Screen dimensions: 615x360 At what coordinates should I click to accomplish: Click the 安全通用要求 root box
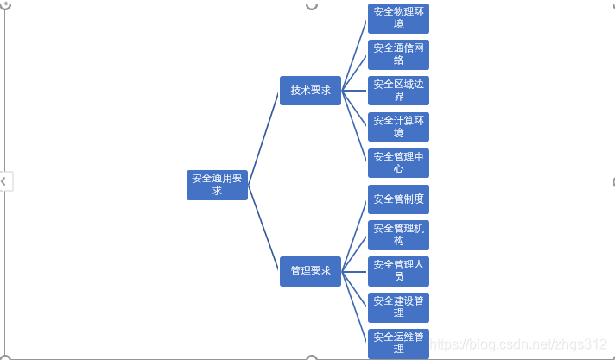click(x=217, y=185)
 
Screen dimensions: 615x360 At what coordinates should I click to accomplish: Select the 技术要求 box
click(x=310, y=91)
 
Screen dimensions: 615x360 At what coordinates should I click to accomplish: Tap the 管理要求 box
click(x=310, y=271)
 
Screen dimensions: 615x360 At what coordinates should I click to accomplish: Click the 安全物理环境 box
click(x=398, y=17)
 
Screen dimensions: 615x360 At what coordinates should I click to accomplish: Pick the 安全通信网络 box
click(x=398, y=54)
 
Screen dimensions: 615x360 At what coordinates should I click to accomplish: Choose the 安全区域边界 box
click(x=398, y=91)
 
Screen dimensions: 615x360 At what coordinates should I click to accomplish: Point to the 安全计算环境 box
click(x=398, y=127)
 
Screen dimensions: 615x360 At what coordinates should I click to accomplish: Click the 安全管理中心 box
click(x=398, y=163)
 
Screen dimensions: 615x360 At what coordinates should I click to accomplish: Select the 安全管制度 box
click(x=398, y=199)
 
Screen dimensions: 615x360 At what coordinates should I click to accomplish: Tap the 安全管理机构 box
click(x=398, y=235)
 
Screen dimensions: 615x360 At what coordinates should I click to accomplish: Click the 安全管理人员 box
click(x=398, y=271)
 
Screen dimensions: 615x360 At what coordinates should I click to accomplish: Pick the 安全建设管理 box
click(x=398, y=307)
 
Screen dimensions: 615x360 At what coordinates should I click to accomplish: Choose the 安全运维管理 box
click(x=398, y=343)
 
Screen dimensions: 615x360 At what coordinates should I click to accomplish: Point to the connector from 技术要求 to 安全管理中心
click(x=355, y=127)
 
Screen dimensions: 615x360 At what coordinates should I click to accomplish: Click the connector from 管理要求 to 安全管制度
click(x=355, y=235)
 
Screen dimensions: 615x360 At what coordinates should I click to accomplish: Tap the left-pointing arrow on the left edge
click(x=3, y=181)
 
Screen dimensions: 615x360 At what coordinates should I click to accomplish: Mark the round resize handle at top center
click(x=312, y=4)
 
